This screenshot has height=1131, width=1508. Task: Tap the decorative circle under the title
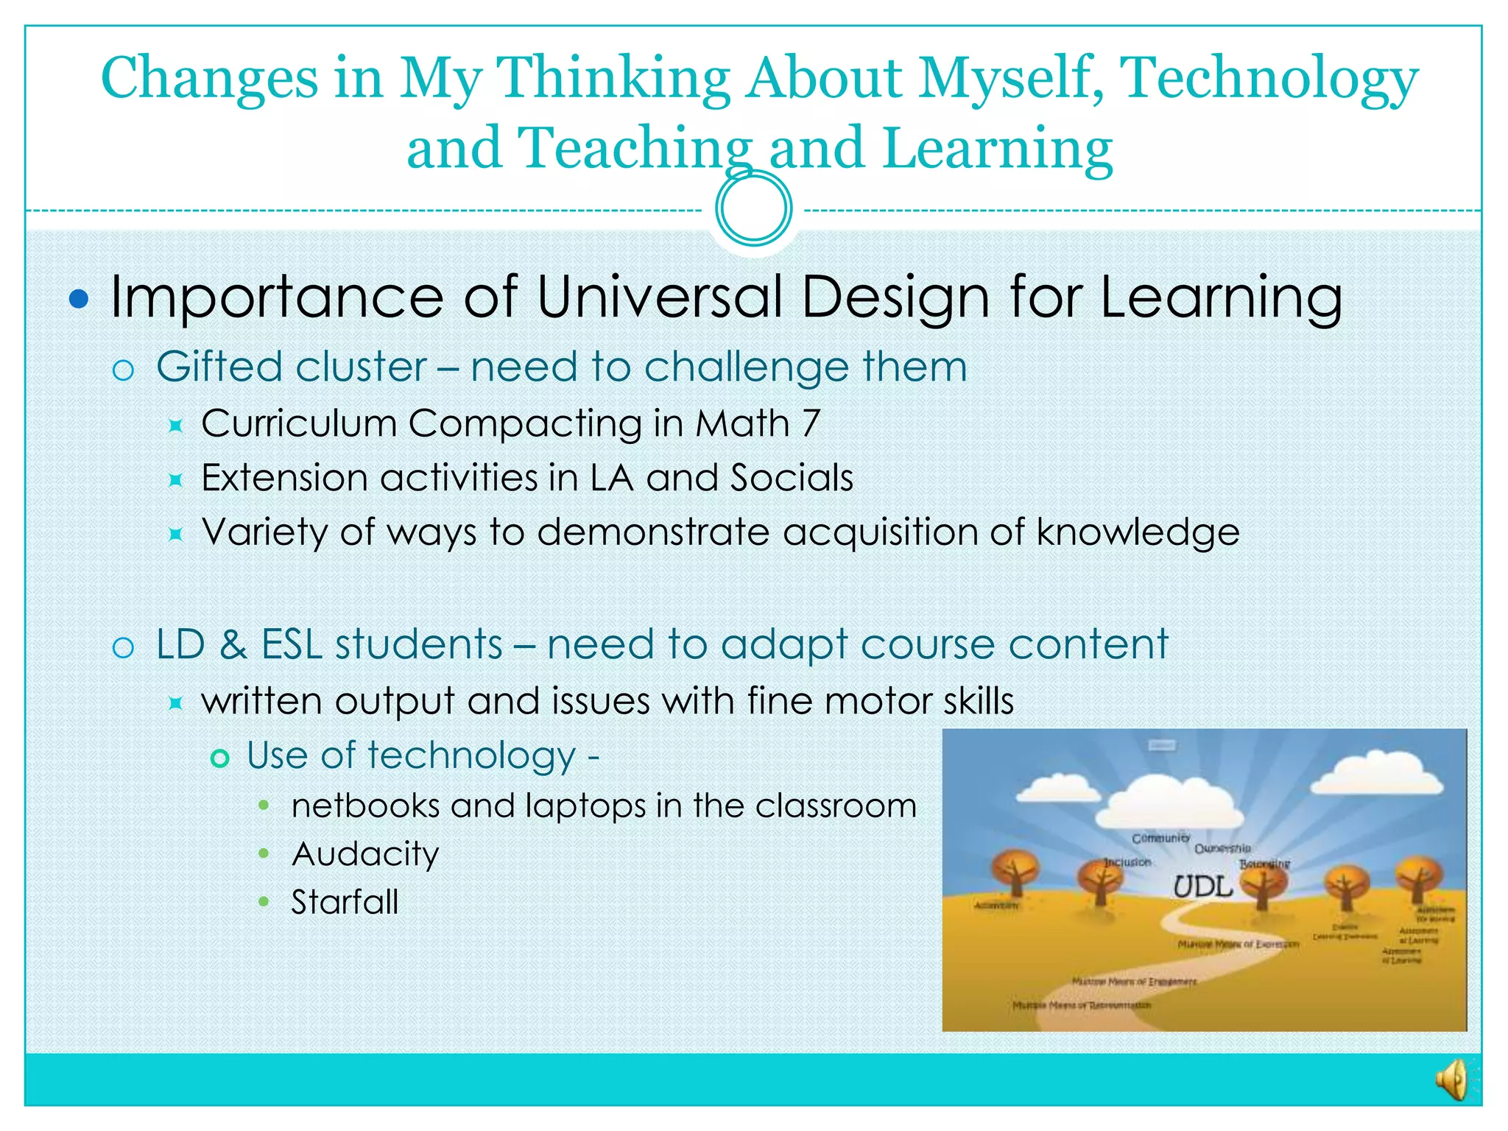pos(753,208)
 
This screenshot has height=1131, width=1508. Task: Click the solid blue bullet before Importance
pos(78,299)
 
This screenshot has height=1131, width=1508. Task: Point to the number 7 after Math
pos(810,423)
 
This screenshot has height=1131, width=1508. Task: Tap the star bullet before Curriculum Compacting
pos(175,426)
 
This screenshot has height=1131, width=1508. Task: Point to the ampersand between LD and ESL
pos(233,644)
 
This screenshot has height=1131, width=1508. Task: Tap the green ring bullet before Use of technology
pos(219,758)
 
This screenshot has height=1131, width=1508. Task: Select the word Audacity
pos(365,854)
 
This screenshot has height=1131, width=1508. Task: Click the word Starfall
pos(345,902)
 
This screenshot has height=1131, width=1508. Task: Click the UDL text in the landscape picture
pos(1202,887)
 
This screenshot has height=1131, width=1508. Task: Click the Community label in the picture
pos(1160,838)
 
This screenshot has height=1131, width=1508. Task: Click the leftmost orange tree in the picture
pos(1015,871)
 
